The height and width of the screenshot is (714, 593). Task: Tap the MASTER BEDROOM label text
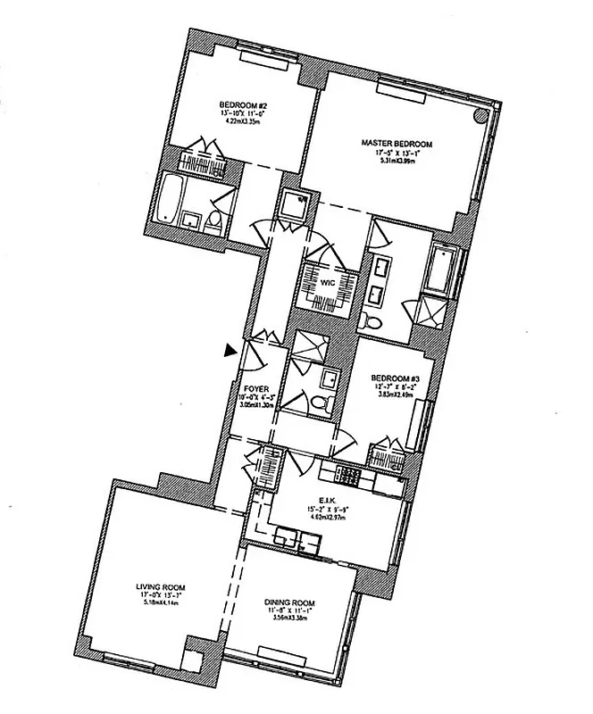(397, 143)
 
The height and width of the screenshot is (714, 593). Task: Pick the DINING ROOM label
(292, 602)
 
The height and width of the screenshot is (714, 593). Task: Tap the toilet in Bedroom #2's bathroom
(213, 220)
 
